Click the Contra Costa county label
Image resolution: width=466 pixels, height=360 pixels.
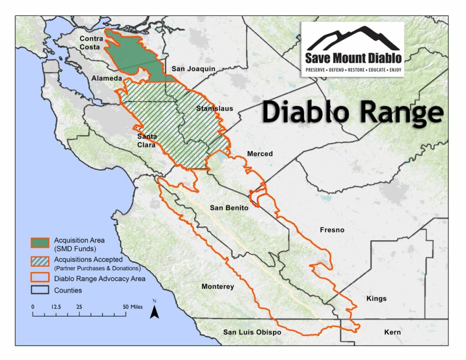point(91,42)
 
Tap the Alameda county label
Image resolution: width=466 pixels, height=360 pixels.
point(106,78)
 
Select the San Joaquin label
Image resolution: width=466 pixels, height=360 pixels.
point(193,69)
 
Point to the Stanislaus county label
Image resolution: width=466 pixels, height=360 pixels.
point(214,108)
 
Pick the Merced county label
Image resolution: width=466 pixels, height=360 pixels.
point(260,154)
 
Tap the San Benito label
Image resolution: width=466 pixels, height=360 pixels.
point(229,208)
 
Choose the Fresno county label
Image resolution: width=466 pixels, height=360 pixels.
point(332,230)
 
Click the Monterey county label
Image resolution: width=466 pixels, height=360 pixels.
point(218,286)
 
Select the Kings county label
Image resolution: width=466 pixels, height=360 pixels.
point(376,299)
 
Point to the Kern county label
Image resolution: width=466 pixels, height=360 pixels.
point(392,332)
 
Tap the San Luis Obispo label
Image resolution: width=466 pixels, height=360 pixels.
point(252,332)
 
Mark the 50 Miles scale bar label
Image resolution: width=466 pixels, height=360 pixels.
point(133,307)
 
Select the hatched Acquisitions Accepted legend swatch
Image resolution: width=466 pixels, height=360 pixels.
point(40,262)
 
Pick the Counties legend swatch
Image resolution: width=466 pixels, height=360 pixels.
point(40,289)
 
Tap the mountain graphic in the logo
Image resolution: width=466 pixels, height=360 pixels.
point(353,39)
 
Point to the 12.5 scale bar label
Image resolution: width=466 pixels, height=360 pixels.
point(56,307)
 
